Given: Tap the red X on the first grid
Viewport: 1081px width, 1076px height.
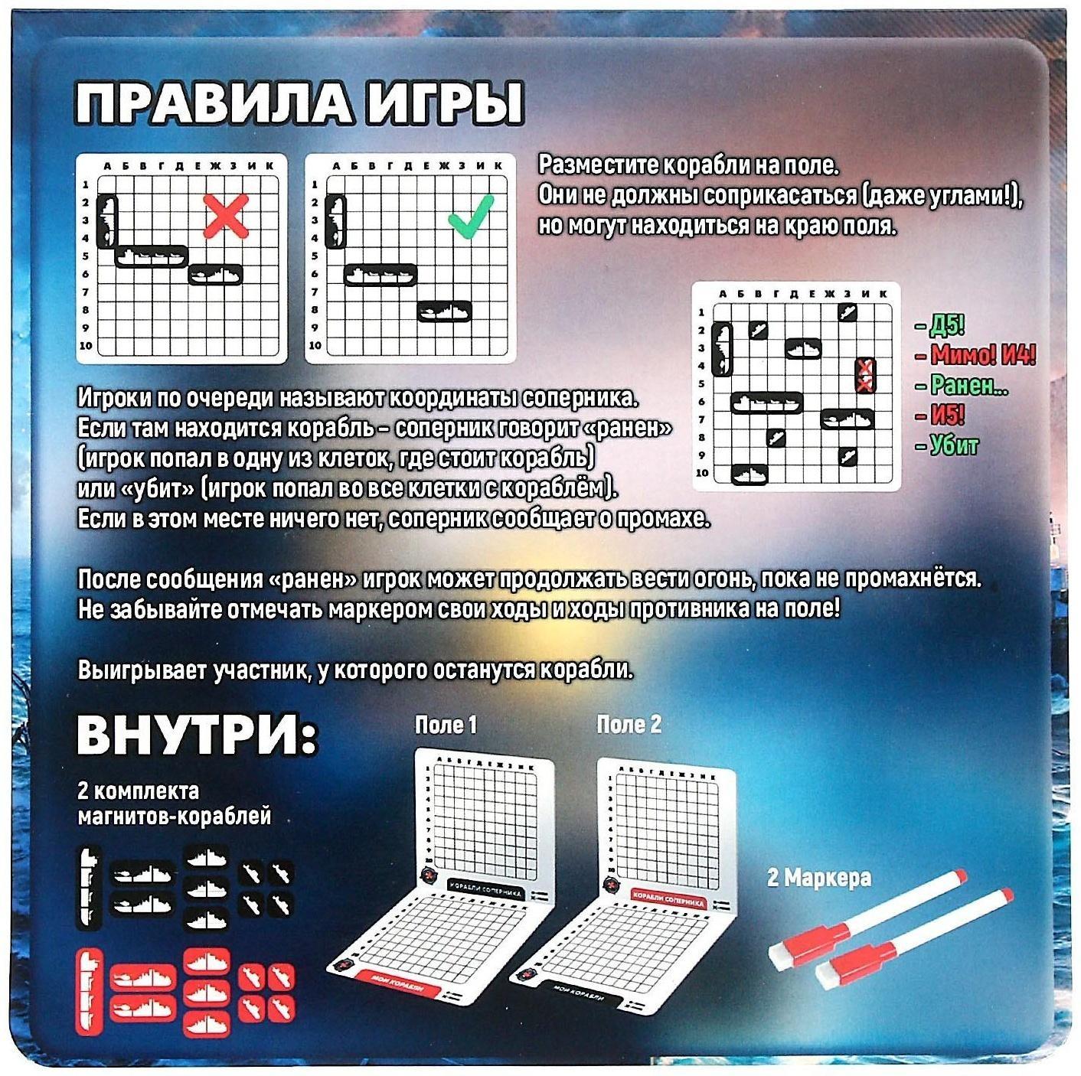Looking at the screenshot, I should tap(227, 216).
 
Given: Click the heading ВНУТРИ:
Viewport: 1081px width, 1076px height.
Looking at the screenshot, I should tap(198, 737).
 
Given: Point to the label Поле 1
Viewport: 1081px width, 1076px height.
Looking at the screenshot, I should tap(446, 725).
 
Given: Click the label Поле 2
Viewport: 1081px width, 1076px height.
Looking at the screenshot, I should tap(629, 725).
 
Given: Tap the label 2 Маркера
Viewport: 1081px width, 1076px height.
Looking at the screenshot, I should tap(818, 878).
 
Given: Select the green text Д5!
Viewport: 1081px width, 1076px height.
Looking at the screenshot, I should tap(944, 327).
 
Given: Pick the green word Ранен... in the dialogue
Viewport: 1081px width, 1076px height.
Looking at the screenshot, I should tap(967, 385).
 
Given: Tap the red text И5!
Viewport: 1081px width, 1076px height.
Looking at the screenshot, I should tap(946, 416).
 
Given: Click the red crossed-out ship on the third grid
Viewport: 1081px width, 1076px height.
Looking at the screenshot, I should tap(865, 376).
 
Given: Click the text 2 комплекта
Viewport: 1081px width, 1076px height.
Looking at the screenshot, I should tap(138, 790).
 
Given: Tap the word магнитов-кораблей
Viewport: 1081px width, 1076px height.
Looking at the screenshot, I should tap(175, 817).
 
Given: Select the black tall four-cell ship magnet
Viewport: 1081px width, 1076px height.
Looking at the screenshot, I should tap(90, 887).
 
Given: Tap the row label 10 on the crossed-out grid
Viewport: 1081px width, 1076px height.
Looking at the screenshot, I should tap(85, 346).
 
